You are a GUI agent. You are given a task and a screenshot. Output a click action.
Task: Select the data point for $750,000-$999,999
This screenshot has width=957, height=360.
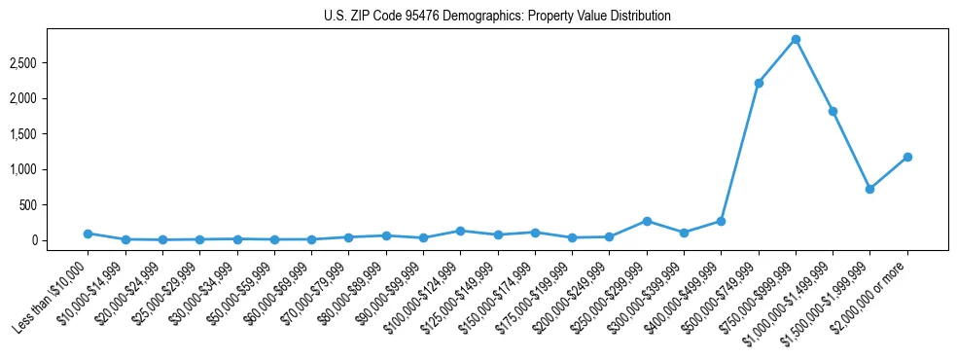click(796, 39)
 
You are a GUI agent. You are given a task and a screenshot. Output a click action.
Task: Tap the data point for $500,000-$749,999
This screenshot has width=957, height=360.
click(759, 83)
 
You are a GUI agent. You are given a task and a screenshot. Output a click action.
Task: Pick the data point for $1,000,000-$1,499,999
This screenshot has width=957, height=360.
click(833, 111)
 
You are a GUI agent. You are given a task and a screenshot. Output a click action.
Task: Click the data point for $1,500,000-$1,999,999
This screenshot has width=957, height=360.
click(869, 189)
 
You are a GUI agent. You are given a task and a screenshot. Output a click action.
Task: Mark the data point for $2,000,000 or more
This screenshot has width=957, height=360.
click(907, 157)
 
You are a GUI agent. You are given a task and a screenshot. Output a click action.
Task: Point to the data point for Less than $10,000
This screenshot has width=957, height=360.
click(88, 234)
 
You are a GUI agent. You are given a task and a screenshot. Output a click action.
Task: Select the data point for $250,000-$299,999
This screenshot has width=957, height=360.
click(647, 221)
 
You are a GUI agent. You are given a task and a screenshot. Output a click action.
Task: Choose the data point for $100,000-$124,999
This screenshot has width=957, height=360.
click(460, 231)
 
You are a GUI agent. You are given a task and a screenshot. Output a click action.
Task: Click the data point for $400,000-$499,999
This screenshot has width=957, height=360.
click(721, 221)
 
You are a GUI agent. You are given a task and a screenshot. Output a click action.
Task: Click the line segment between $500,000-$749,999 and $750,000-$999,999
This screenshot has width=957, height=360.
click(777, 61)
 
